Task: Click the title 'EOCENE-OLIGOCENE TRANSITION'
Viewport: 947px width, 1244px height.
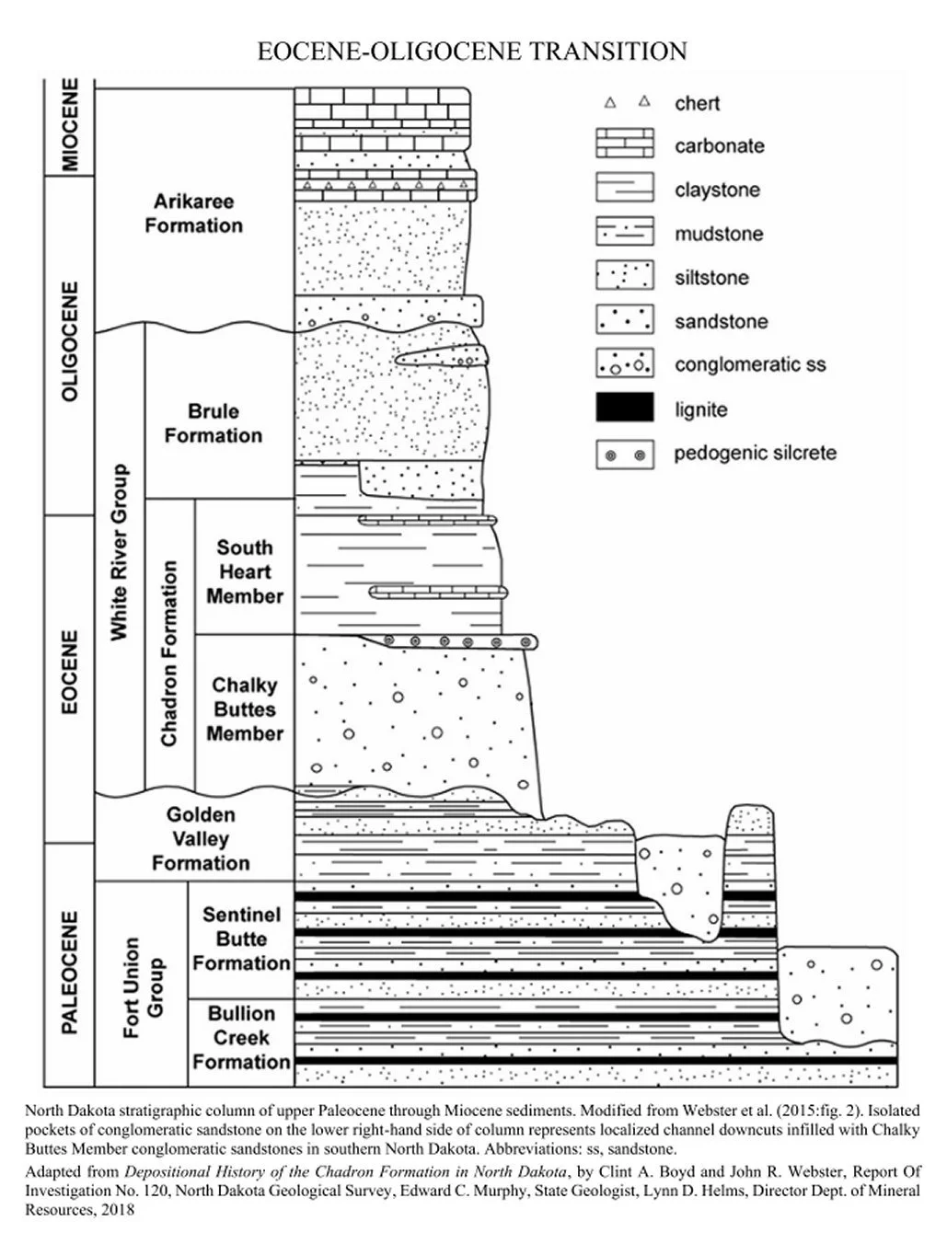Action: point(472,51)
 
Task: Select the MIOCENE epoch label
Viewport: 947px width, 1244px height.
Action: point(70,125)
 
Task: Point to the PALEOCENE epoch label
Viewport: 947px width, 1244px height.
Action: point(70,972)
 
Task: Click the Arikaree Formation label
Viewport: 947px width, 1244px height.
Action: point(193,213)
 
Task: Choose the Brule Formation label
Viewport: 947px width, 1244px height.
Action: point(213,423)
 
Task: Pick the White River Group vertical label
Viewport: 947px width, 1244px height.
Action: point(120,552)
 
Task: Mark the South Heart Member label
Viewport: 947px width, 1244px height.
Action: point(244,571)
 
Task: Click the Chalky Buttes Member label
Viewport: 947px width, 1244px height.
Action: point(244,709)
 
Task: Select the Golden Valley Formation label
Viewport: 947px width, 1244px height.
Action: point(201,838)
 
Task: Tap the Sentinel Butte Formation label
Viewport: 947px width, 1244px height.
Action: point(241,939)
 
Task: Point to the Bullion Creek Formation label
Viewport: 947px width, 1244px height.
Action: point(241,1038)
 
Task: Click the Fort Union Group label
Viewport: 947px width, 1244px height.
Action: point(144,987)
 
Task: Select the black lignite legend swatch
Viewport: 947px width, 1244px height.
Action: point(625,408)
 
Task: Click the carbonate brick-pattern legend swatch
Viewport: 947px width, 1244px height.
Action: point(625,144)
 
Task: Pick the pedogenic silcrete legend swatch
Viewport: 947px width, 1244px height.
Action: point(625,454)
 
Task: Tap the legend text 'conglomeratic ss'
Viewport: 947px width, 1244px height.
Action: point(750,364)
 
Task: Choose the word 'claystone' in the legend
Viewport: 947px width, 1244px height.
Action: point(717,190)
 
